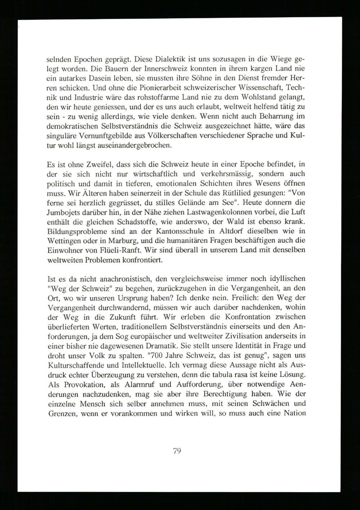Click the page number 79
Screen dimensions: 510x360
pyautogui.click(x=176, y=451)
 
